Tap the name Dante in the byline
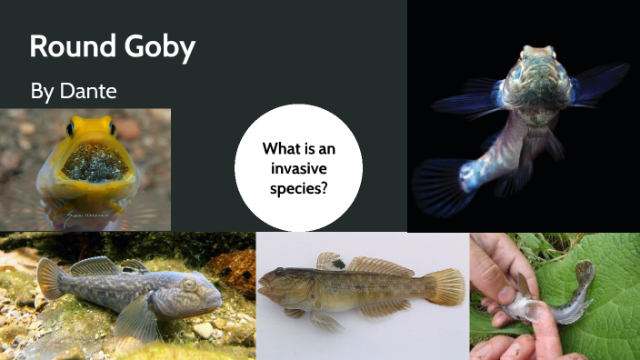pyautogui.click(x=91, y=92)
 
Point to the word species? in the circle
pyautogui.click(x=298, y=189)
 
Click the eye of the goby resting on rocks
pyautogui.click(x=190, y=285)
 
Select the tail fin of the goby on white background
pyautogui.click(x=445, y=286)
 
